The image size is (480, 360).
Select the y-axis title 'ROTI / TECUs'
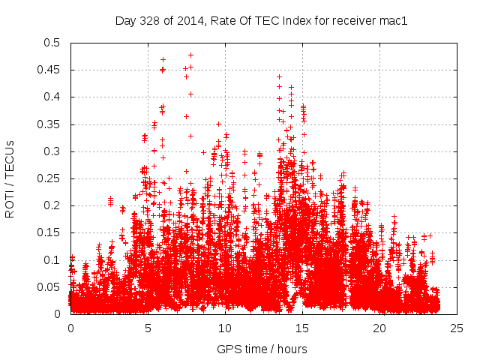(x=10, y=178)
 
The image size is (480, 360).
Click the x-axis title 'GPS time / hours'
(x=262, y=349)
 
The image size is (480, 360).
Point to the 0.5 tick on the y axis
(x=51, y=43)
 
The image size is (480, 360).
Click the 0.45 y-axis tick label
(x=48, y=70)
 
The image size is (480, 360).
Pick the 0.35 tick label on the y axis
(x=48, y=124)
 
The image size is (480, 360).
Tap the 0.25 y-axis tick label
(x=48, y=178)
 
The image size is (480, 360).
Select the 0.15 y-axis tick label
(x=48, y=232)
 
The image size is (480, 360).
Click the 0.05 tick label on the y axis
(x=48, y=287)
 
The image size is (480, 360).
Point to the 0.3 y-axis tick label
(x=51, y=151)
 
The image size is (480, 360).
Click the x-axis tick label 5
(x=148, y=328)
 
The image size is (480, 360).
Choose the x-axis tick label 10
(x=225, y=328)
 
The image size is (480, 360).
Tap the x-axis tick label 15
(x=302, y=328)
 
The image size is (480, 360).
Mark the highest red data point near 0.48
(x=190, y=55)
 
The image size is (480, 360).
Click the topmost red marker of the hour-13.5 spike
(x=279, y=76)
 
